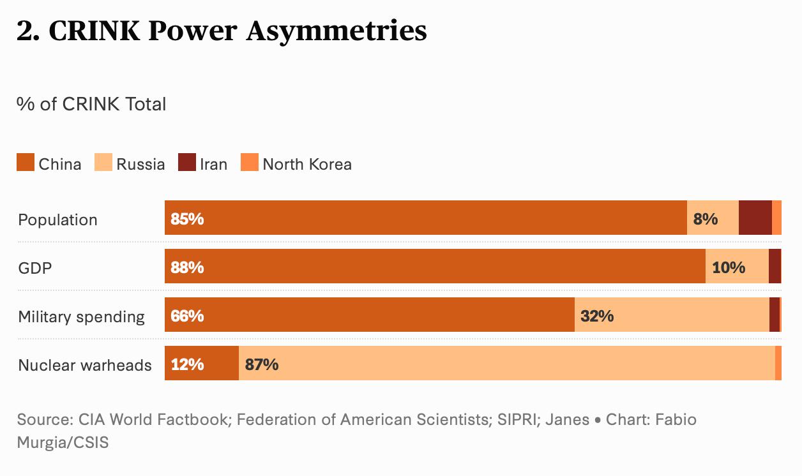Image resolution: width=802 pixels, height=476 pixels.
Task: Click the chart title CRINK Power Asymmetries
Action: (x=221, y=31)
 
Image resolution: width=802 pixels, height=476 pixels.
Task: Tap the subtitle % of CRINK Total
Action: (x=91, y=104)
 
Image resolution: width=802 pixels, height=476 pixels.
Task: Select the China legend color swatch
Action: (x=25, y=163)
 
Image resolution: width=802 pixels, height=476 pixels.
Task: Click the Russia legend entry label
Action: (x=140, y=164)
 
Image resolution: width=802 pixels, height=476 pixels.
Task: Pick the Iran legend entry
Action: (x=213, y=164)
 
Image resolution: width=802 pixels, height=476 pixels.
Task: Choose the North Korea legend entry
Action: (x=306, y=164)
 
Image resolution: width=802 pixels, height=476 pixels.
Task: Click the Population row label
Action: (x=58, y=219)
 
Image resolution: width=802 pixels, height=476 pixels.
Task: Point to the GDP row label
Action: (x=35, y=268)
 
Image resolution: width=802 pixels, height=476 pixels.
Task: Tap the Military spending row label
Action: (x=82, y=316)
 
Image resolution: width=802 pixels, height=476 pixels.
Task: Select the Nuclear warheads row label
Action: (x=85, y=365)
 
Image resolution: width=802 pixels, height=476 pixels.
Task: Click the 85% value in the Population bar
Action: (x=187, y=219)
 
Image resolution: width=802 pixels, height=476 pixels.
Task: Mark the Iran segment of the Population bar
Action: (x=755, y=218)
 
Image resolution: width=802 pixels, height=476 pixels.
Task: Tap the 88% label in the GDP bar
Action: (x=187, y=267)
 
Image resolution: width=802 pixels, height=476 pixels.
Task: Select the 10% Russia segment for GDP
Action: (x=729, y=267)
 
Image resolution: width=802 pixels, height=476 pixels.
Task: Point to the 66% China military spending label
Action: (x=187, y=316)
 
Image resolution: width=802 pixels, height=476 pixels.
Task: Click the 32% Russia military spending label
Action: (x=597, y=316)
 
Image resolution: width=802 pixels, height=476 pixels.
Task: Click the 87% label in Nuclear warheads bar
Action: (x=262, y=364)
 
